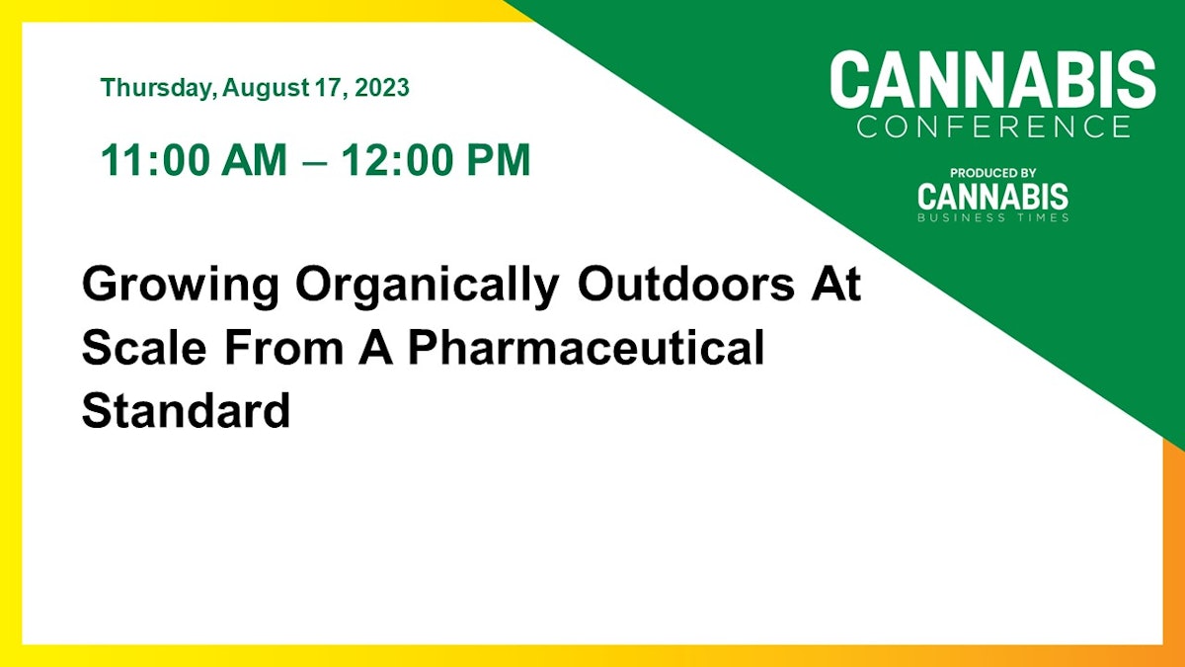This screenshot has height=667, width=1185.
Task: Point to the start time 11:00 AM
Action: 192,161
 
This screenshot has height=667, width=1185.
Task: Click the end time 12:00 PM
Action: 435,161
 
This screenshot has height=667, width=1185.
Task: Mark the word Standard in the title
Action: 186,410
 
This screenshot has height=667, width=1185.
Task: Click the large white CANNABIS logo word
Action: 992,81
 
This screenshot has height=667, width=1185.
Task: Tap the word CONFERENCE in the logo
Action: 992,126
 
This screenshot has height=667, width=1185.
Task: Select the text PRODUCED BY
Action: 992,173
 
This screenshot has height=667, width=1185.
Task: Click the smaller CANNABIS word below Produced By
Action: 992,196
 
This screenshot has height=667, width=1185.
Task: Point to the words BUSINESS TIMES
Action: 992,217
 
